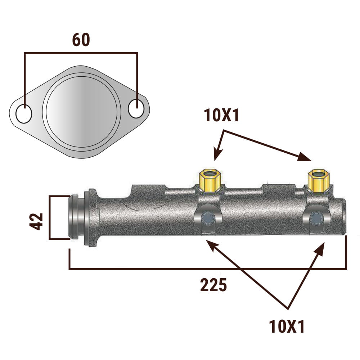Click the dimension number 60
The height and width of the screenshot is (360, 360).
coord(81,40)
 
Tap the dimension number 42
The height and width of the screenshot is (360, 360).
coord(36,221)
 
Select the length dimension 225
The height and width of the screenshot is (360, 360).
coord(213,285)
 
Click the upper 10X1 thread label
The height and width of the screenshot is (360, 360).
coord(221,115)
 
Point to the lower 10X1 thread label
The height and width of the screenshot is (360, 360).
coord(287,326)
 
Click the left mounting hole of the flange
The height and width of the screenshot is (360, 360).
coord(24,114)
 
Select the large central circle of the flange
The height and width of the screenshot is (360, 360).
coord(81,112)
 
